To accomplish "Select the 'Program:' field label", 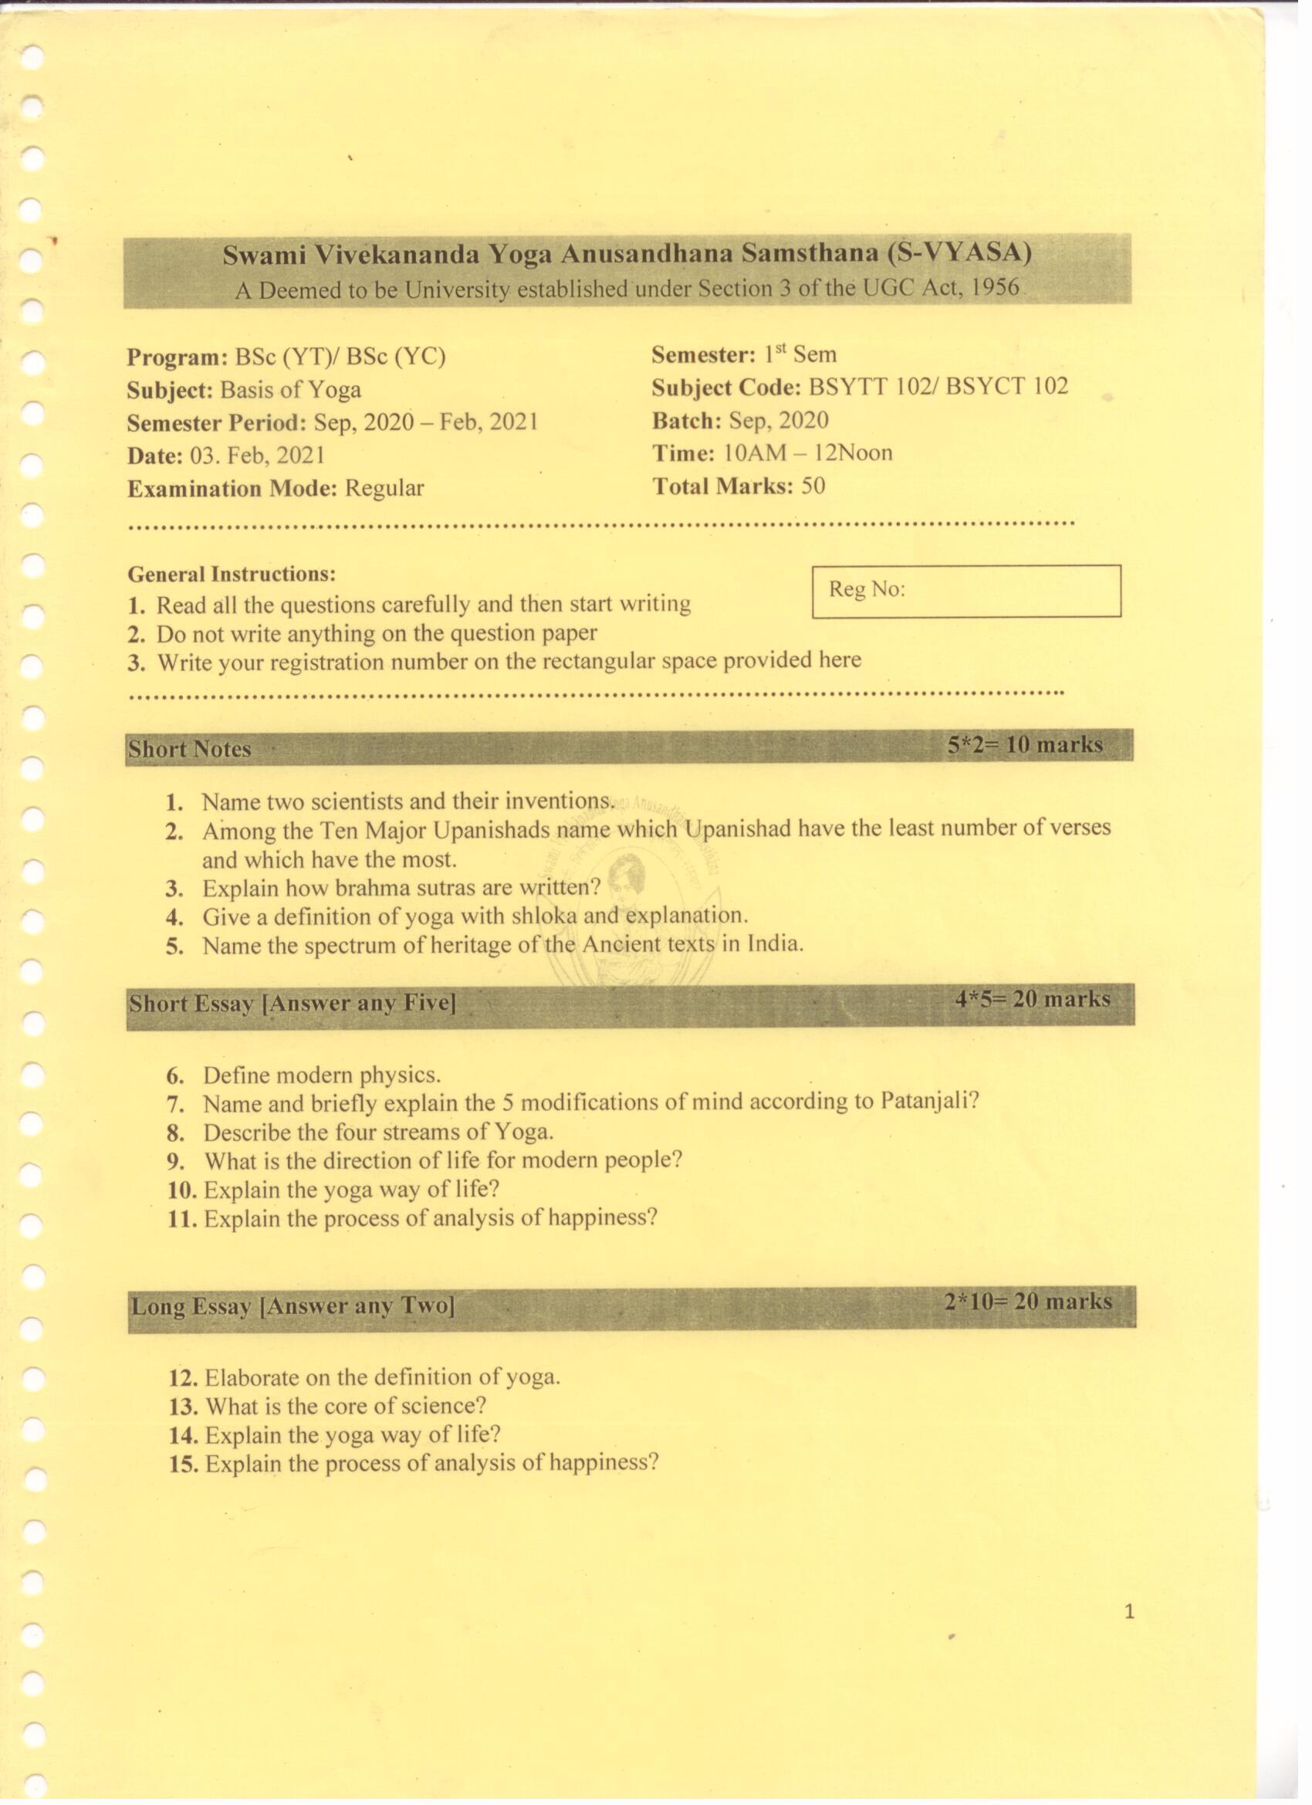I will (178, 357).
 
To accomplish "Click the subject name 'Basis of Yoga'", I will (290, 390).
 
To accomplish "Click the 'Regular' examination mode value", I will (384, 488).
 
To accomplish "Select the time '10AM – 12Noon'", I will (806, 453).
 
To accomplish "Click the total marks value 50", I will (813, 486).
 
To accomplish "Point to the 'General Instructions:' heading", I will (232, 574).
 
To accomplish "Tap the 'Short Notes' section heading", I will (190, 749).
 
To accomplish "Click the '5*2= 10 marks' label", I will (1025, 745).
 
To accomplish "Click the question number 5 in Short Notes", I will (175, 947).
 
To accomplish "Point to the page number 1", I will (1129, 1613).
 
